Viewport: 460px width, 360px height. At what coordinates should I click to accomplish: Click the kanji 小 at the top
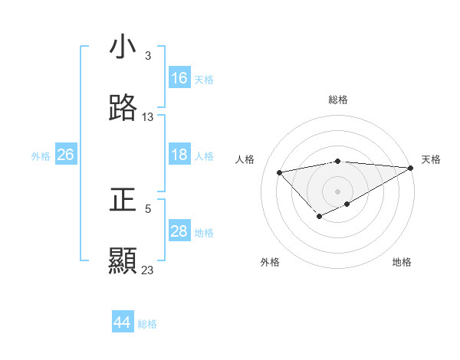click(x=123, y=47)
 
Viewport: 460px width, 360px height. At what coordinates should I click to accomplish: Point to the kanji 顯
click(x=123, y=260)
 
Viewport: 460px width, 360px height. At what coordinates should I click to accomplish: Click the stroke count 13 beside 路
click(x=148, y=116)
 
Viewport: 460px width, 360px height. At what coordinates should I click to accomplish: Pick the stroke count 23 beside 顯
click(x=148, y=270)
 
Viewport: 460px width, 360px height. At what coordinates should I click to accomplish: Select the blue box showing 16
click(x=179, y=78)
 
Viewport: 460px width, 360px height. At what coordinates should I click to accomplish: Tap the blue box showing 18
click(x=179, y=155)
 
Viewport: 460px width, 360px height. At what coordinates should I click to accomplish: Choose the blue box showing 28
click(x=179, y=231)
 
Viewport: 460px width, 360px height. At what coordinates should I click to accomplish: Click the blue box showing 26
click(x=65, y=155)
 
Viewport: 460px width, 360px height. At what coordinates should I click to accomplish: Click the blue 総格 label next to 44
click(x=147, y=324)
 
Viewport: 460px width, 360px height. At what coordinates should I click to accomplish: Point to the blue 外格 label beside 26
click(x=41, y=156)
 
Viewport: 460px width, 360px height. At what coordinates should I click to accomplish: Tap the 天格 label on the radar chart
click(x=431, y=159)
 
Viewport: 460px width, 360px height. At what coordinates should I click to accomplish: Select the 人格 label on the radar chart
click(x=245, y=159)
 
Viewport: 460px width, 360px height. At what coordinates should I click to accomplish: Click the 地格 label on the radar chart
click(x=402, y=262)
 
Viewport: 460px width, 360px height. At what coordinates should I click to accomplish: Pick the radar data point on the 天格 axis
click(x=412, y=167)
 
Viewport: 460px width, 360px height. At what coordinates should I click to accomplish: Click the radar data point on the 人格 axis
click(x=280, y=172)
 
